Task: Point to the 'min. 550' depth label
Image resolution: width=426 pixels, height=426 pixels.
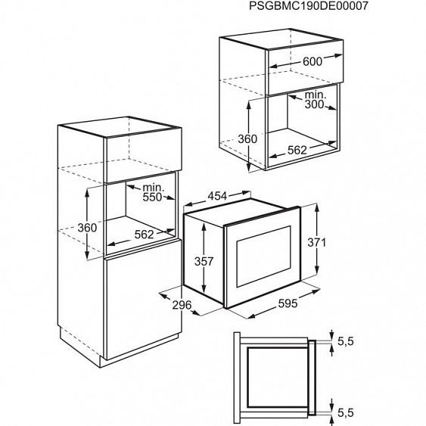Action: click(x=154, y=191)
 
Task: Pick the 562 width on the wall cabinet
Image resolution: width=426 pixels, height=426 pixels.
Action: click(x=297, y=150)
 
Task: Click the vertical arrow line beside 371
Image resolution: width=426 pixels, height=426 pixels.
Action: click(x=316, y=242)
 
